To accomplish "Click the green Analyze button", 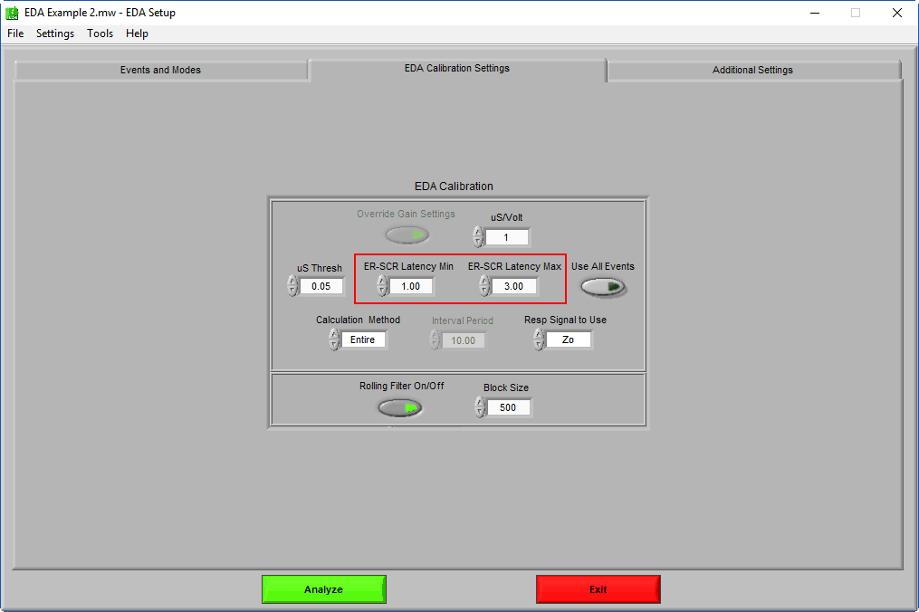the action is click(323, 589).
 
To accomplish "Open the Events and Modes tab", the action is click(160, 70).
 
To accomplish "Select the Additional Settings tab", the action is click(753, 70).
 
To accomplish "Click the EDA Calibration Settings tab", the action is click(457, 69).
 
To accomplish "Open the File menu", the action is click(15, 33).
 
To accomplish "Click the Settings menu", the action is click(55, 33).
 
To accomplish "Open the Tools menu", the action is click(101, 33).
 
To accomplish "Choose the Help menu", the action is click(137, 33).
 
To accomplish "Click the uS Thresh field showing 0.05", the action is click(321, 286).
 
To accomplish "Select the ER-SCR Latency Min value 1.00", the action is click(411, 286).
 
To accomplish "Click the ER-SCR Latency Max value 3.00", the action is click(514, 286).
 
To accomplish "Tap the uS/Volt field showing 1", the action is click(506, 237).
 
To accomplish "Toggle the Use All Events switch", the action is click(603, 287).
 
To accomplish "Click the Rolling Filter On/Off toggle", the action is click(399, 407).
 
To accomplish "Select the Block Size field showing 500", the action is click(508, 407).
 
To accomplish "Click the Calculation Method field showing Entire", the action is click(363, 340).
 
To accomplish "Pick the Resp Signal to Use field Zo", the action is click(568, 340).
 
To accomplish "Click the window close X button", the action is click(896, 13).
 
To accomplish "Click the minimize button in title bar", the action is click(815, 13).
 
